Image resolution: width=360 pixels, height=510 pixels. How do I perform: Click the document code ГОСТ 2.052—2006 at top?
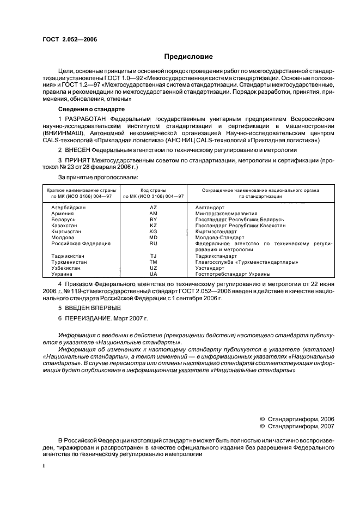(66, 39)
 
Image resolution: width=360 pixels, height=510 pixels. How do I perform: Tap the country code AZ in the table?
(154, 208)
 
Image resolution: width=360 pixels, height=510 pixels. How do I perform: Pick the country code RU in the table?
(154, 244)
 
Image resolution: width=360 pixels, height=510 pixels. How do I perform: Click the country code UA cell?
(154, 274)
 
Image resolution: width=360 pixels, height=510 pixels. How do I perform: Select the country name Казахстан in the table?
(64, 226)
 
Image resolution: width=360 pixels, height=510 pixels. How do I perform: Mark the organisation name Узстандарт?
(210, 268)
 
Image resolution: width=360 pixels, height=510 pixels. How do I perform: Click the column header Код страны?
(154, 190)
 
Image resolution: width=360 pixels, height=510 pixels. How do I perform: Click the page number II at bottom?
(45, 466)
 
